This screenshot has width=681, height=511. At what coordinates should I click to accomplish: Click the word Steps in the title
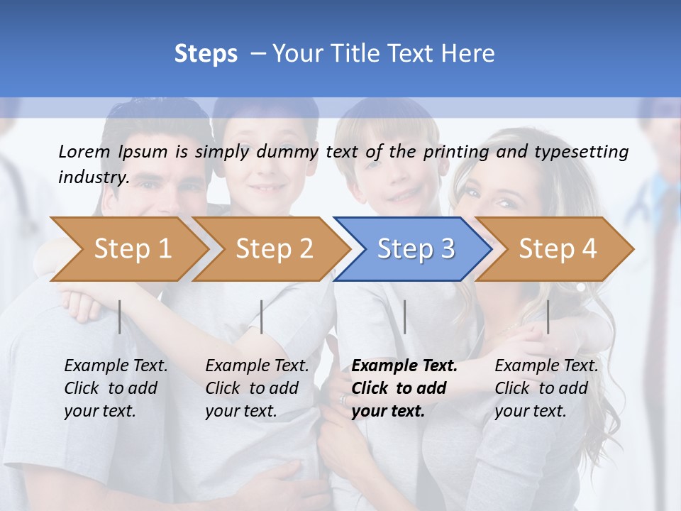pos(206,54)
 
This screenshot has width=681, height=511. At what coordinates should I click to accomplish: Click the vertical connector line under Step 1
pos(120,317)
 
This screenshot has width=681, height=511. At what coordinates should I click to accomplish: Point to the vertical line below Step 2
pos(262,317)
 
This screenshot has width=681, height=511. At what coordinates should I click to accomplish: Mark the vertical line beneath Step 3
pos(404,317)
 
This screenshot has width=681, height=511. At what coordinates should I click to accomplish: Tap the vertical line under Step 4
pos(548,317)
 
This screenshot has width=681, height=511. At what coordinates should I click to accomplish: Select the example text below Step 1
pos(116,388)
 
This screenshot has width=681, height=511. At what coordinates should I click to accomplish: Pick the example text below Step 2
pos(257,388)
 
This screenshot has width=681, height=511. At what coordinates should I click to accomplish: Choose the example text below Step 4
pos(546,388)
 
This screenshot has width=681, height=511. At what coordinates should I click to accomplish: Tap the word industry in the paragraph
pos(93,177)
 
